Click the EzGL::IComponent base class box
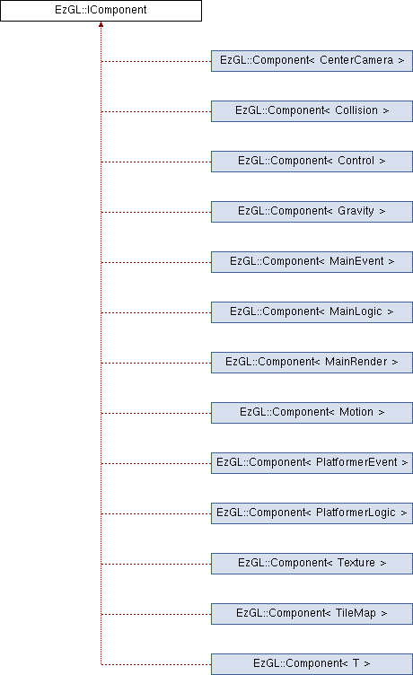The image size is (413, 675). click(x=101, y=11)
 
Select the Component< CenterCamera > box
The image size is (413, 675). click(x=312, y=61)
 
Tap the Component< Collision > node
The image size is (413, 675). click(x=312, y=111)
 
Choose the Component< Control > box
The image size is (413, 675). click(x=312, y=162)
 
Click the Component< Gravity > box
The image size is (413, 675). click(x=312, y=212)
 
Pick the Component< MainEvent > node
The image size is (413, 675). click(x=312, y=262)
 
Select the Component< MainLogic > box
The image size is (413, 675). click(x=312, y=312)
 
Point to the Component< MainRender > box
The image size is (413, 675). click(x=312, y=363)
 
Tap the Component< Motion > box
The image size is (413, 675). click(x=312, y=413)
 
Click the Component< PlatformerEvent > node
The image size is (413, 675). click(x=312, y=463)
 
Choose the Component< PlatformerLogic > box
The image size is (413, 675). click(x=312, y=513)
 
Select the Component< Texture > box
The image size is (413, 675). click(x=312, y=564)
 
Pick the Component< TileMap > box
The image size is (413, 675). click(x=312, y=614)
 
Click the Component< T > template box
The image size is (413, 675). click(x=312, y=664)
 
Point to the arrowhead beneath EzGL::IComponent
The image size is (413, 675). click(x=101, y=24)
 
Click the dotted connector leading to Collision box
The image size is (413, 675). click(x=156, y=111)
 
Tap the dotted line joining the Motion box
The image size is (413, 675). click(x=156, y=413)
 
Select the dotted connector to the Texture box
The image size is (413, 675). click(x=156, y=564)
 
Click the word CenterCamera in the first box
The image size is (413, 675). click(x=356, y=60)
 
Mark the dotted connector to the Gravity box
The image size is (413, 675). click(x=156, y=212)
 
